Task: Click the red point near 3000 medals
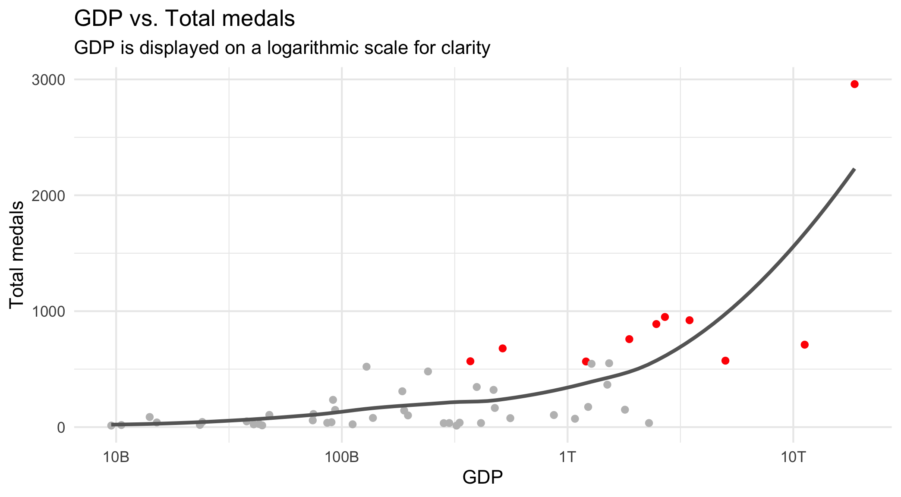point(854,84)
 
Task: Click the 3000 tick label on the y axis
point(48,80)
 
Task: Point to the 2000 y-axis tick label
point(48,195)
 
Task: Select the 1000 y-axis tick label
point(48,311)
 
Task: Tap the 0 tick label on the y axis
point(61,427)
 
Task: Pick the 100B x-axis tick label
point(342,457)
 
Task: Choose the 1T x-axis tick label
point(567,457)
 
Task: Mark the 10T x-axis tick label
point(793,457)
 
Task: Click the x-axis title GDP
point(482,478)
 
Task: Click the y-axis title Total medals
point(17,254)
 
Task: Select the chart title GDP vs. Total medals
point(184,19)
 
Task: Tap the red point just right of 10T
point(804,345)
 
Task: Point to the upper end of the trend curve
point(854,169)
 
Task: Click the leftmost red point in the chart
point(470,361)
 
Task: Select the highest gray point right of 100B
point(366,367)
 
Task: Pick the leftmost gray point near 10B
point(111,425)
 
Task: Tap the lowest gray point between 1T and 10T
point(649,423)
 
